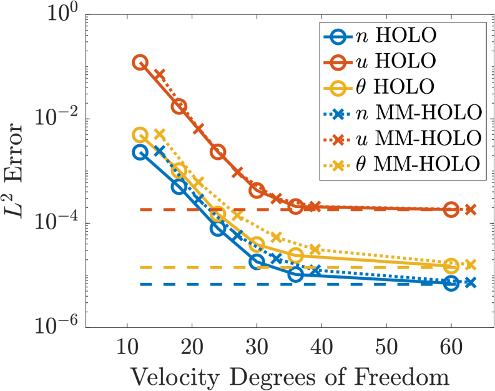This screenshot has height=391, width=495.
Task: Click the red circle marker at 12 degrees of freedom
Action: (x=140, y=62)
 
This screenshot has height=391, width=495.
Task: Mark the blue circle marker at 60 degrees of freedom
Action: (x=451, y=283)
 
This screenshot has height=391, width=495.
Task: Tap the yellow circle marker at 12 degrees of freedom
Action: (x=140, y=135)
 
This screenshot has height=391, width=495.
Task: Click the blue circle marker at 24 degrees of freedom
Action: (x=218, y=228)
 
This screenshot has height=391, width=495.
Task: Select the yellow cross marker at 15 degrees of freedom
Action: (x=160, y=134)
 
